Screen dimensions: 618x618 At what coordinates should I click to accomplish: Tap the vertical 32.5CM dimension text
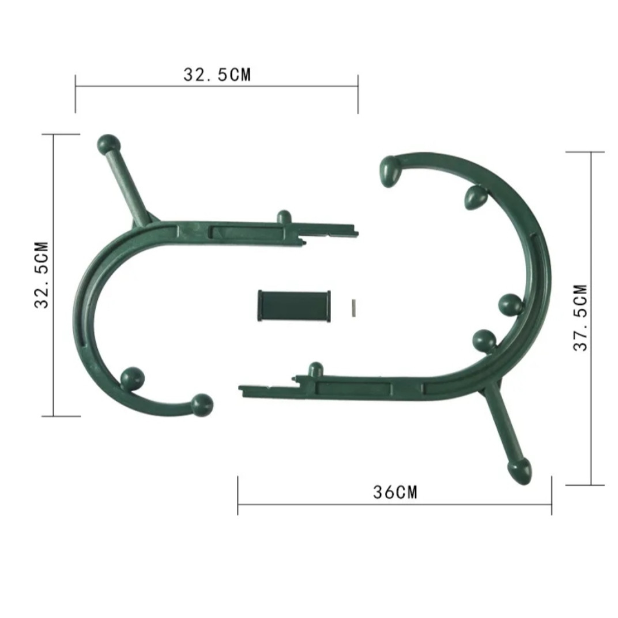(x=41, y=275)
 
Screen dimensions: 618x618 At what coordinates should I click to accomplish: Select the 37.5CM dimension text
(x=580, y=318)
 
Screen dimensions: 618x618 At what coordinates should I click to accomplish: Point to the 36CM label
(x=395, y=492)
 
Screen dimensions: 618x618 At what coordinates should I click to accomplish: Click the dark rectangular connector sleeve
(x=294, y=305)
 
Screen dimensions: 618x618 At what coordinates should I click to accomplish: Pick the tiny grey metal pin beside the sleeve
(x=353, y=308)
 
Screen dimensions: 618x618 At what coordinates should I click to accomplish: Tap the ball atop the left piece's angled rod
(x=109, y=144)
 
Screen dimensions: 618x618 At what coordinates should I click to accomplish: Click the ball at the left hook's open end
(x=202, y=405)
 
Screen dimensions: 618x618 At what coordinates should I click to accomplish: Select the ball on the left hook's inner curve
(x=132, y=379)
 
